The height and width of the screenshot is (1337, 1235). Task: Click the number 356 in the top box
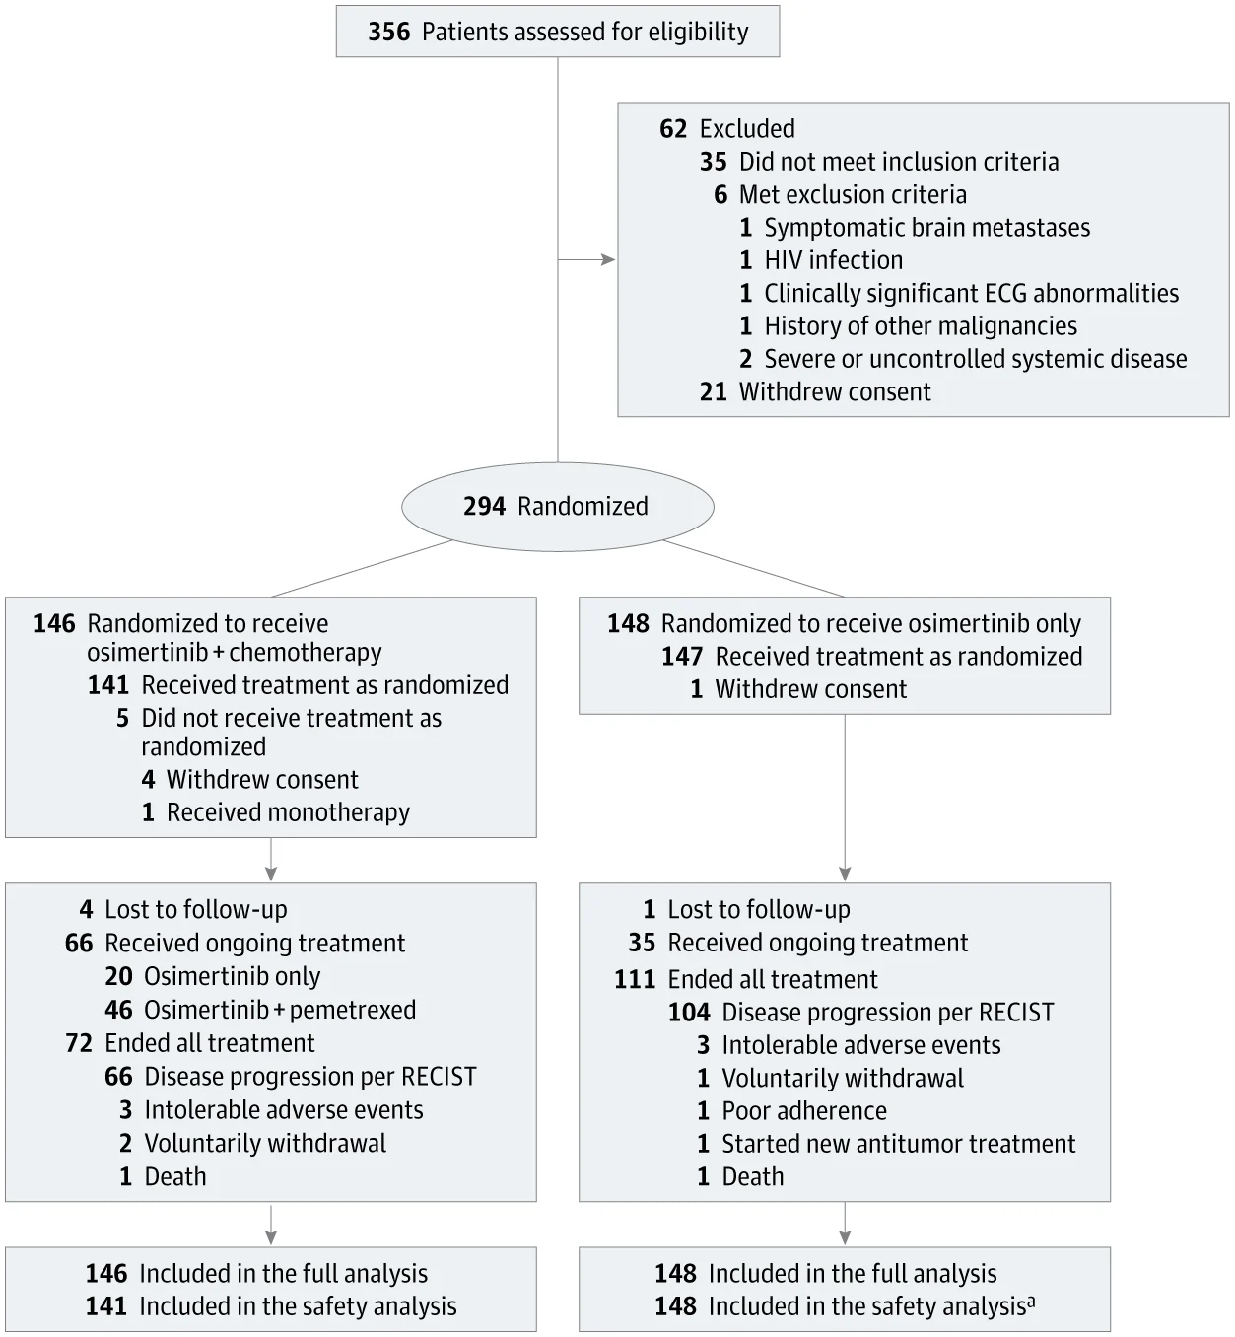(388, 32)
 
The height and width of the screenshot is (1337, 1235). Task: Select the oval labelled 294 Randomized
(557, 506)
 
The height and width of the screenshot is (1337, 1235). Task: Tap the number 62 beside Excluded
(673, 128)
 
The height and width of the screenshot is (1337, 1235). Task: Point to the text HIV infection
(833, 260)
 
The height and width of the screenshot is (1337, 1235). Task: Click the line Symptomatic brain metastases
(915, 228)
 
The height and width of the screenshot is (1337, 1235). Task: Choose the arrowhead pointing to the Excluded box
(608, 259)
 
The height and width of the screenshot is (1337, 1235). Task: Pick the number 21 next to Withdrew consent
(714, 391)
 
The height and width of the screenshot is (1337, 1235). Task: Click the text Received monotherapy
(288, 811)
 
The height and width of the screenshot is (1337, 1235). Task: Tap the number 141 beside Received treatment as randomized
(107, 684)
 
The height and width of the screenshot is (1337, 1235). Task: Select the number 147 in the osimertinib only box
(682, 656)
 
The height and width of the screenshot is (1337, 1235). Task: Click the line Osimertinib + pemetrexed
(260, 1009)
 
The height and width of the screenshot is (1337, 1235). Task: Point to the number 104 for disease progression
(689, 1012)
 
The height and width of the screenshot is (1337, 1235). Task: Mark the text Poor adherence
(804, 1111)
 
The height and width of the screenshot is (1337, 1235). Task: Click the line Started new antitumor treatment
(886, 1143)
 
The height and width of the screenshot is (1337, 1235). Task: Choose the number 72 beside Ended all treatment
(79, 1043)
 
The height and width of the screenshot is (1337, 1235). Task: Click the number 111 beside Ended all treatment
(635, 979)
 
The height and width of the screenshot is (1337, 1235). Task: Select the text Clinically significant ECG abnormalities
(971, 294)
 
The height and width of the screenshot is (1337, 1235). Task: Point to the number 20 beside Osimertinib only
(118, 976)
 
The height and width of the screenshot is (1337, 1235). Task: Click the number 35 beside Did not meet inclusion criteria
(714, 162)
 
